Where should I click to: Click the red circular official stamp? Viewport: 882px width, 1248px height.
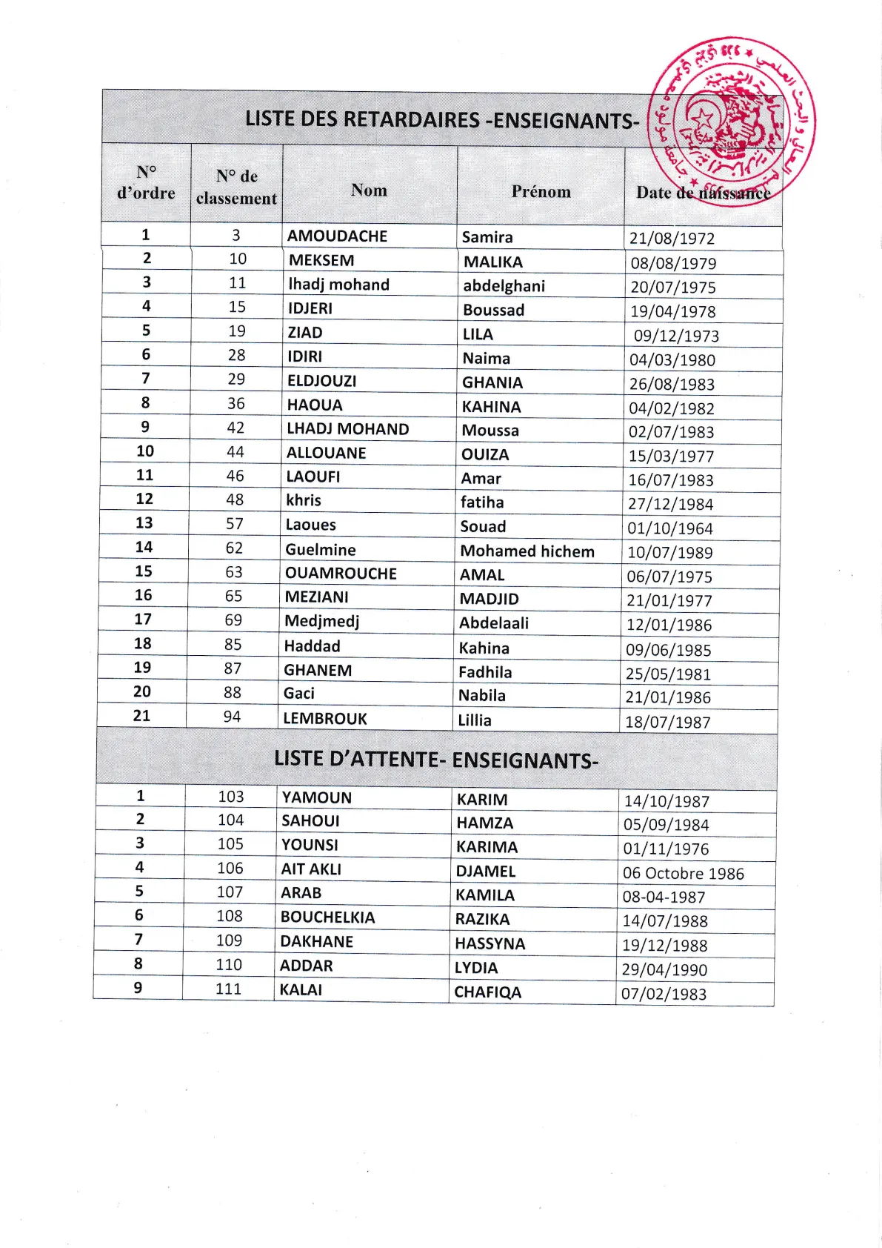tap(730, 120)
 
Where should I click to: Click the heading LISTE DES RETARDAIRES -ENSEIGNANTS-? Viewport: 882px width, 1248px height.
tap(441, 119)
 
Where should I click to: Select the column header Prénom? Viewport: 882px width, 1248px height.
tap(541, 192)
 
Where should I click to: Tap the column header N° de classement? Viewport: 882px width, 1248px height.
tap(236, 187)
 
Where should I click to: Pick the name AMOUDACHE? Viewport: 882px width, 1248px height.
tap(337, 236)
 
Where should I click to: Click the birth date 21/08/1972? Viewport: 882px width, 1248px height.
tap(672, 239)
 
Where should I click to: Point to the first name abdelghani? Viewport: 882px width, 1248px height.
tap(504, 286)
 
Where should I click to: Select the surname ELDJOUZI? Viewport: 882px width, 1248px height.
tap(321, 381)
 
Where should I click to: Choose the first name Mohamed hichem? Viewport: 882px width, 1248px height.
tap(527, 551)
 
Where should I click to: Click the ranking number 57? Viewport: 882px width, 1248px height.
tap(235, 524)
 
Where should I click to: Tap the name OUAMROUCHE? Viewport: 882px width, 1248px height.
tap(341, 574)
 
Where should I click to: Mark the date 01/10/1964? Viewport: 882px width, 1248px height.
tap(669, 529)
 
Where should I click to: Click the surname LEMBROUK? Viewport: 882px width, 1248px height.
tap(325, 719)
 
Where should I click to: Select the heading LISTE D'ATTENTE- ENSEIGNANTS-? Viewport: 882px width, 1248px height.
tap(435, 760)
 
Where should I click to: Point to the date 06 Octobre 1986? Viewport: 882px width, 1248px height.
tap(683, 874)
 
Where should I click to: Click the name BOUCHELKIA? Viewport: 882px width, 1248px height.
tap(327, 917)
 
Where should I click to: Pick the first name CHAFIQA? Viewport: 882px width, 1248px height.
tap(487, 992)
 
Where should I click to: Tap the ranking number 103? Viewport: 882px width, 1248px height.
tap(230, 797)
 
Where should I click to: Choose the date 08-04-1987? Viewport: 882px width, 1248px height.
tap(664, 897)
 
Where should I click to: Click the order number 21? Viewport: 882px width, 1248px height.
tap(141, 716)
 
